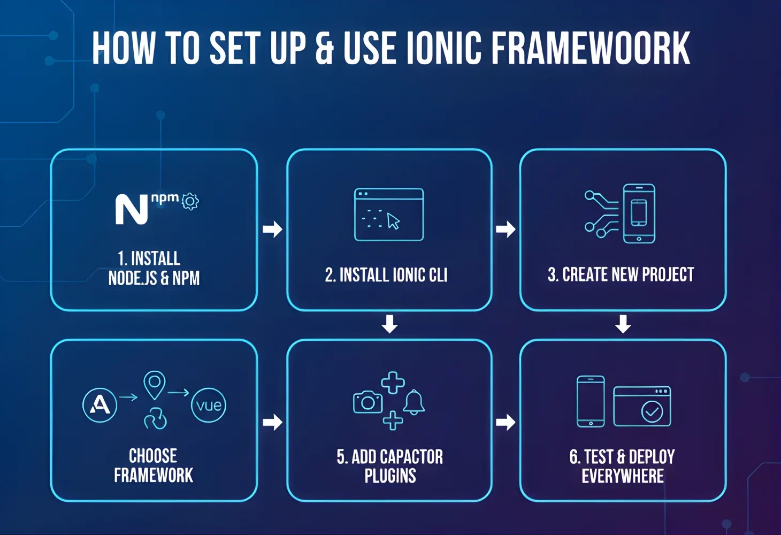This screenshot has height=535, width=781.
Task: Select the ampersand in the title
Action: point(325,48)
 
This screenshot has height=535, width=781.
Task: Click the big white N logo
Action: point(131,210)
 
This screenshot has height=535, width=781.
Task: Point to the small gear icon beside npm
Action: point(190,201)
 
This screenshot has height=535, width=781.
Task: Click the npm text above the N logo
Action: point(165,198)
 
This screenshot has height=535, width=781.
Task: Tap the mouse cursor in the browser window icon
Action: point(393,221)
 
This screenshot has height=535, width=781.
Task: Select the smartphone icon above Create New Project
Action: point(639,213)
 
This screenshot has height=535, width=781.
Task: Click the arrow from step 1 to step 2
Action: point(272,229)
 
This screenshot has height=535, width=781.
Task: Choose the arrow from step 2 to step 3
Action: point(506,229)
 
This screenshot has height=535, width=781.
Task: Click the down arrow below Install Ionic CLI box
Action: point(389,324)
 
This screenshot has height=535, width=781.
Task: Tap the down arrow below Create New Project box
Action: point(623,324)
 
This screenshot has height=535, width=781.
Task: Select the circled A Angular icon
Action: point(100,405)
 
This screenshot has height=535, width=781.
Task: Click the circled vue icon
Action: point(209,405)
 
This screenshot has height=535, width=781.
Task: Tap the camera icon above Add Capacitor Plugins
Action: point(367,402)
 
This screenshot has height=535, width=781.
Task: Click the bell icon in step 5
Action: point(414,402)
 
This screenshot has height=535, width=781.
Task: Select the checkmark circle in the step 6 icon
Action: point(652,412)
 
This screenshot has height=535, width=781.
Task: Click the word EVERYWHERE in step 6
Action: point(623,476)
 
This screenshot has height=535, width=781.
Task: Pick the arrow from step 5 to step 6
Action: point(506,422)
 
